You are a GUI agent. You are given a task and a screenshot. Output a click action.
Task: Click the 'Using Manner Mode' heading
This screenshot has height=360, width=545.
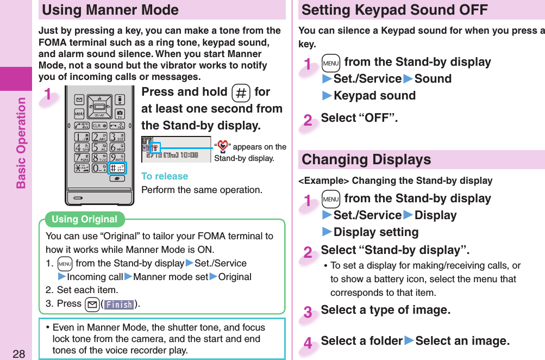[x=110, y=10]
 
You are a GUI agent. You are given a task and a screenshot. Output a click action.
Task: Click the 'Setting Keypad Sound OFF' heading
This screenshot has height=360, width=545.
[x=394, y=10]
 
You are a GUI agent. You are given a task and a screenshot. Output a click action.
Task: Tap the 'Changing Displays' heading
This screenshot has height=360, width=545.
[x=366, y=159]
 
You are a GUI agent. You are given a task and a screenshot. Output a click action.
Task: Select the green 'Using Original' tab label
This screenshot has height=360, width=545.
[x=85, y=219]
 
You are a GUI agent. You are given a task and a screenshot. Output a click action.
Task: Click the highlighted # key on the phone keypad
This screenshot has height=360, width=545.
[x=117, y=167]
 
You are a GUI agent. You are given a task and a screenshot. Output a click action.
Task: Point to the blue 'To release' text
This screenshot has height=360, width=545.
[x=165, y=176]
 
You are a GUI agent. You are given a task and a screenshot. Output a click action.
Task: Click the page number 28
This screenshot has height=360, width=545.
[x=19, y=353]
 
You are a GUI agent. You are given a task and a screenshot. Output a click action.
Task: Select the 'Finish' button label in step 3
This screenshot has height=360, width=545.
[x=119, y=305]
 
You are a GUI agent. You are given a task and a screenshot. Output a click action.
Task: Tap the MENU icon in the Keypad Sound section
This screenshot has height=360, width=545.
[x=330, y=63]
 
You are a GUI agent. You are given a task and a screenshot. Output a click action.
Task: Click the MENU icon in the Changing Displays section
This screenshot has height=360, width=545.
[x=330, y=199]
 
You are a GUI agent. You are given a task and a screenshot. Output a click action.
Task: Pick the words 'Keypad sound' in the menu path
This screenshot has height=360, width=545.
[x=374, y=96]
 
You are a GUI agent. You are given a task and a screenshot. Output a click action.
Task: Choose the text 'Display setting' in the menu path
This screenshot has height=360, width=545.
[x=376, y=232]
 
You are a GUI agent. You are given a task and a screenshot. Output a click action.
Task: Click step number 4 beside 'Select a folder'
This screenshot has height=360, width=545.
[x=308, y=344]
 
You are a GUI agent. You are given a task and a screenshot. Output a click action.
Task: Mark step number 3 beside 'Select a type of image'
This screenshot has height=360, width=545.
[x=308, y=313]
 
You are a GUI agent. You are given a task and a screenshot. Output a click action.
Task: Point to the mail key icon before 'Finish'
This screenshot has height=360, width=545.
[x=91, y=304]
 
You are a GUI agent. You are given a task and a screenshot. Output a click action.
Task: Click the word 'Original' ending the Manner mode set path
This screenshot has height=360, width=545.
[x=235, y=277]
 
